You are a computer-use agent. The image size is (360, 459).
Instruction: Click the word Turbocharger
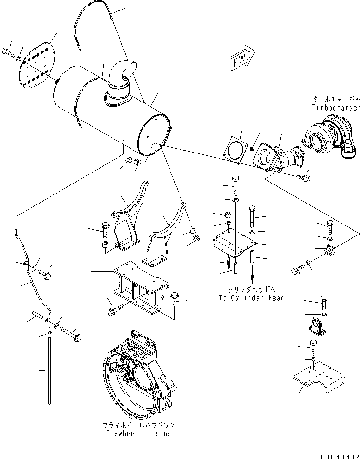[x=335, y=108]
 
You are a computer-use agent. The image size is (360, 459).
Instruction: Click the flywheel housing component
[x=138, y=371]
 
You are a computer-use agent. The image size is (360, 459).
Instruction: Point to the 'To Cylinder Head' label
[x=251, y=298]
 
